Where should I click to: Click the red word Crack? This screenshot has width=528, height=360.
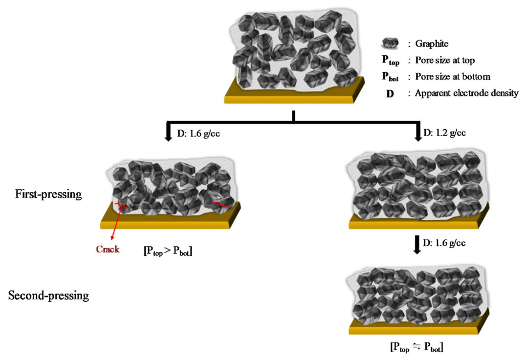pyautogui.click(x=108, y=249)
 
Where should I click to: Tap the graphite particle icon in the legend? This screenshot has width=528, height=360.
pyautogui.click(x=391, y=44)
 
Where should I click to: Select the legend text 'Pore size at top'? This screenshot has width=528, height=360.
pyautogui.click(x=445, y=61)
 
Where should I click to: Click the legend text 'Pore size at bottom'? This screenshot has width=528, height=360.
pyautogui.click(x=452, y=77)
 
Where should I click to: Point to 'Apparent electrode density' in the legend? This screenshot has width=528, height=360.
pyautogui.click(x=466, y=93)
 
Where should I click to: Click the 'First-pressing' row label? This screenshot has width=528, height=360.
pyautogui.click(x=48, y=194)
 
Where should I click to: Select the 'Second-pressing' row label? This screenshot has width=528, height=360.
pyautogui.click(x=48, y=295)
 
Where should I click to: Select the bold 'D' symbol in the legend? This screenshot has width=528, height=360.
pyautogui.click(x=390, y=93)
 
